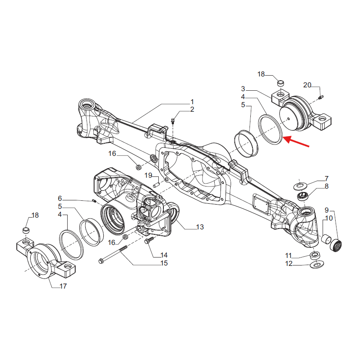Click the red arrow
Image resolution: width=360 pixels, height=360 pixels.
coord(297,142)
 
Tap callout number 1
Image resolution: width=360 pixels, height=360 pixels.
coord(192,102)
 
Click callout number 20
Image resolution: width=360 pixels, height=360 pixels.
coord(307,85)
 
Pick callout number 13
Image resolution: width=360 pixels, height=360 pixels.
coord(200,227)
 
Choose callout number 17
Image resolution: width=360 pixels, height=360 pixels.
coord(63,286)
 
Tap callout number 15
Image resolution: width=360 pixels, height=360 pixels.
coord(164,263)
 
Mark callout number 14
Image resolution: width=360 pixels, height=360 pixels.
coord(163,255)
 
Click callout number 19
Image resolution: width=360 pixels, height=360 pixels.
coord(148,175)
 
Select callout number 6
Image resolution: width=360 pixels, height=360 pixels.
coord(60,198)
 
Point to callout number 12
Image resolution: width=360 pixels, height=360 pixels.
coord(289,264)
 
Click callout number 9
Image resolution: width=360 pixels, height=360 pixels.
coord(326,210)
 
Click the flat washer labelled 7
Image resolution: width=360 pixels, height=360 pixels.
coord(301,184)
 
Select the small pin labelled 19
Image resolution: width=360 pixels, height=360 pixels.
coord(156,184)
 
